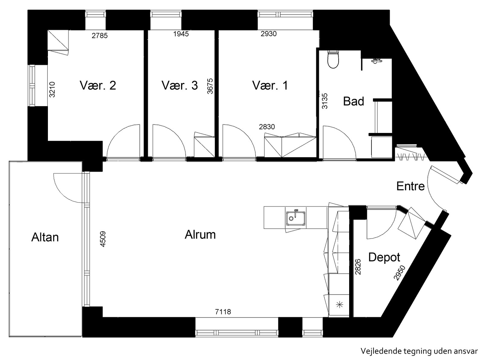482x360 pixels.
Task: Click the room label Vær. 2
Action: [x=98, y=85]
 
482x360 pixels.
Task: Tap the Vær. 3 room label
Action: [x=180, y=85]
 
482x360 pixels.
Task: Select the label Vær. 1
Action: [x=270, y=85]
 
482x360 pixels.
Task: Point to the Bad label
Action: [x=354, y=101]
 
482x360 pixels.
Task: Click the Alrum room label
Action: [x=200, y=235]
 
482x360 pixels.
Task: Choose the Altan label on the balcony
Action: [x=45, y=237]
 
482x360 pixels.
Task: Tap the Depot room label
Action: [x=384, y=257]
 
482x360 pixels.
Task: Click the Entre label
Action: [x=410, y=186]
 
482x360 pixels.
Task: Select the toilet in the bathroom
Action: [x=333, y=59]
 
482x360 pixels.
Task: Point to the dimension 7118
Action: [x=223, y=312]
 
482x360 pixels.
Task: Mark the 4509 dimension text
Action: [x=103, y=239]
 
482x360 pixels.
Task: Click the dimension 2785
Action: [x=100, y=36]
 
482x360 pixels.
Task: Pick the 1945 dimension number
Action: [x=181, y=34]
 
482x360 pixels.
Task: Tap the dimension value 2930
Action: [x=268, y=34]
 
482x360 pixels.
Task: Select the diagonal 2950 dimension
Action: [x=399, y=273]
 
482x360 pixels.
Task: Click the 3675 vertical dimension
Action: [x=210, y=86]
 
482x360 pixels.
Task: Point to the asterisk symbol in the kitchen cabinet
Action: [x=340, y=305]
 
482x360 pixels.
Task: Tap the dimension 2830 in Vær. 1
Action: [x=267, y=127]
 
